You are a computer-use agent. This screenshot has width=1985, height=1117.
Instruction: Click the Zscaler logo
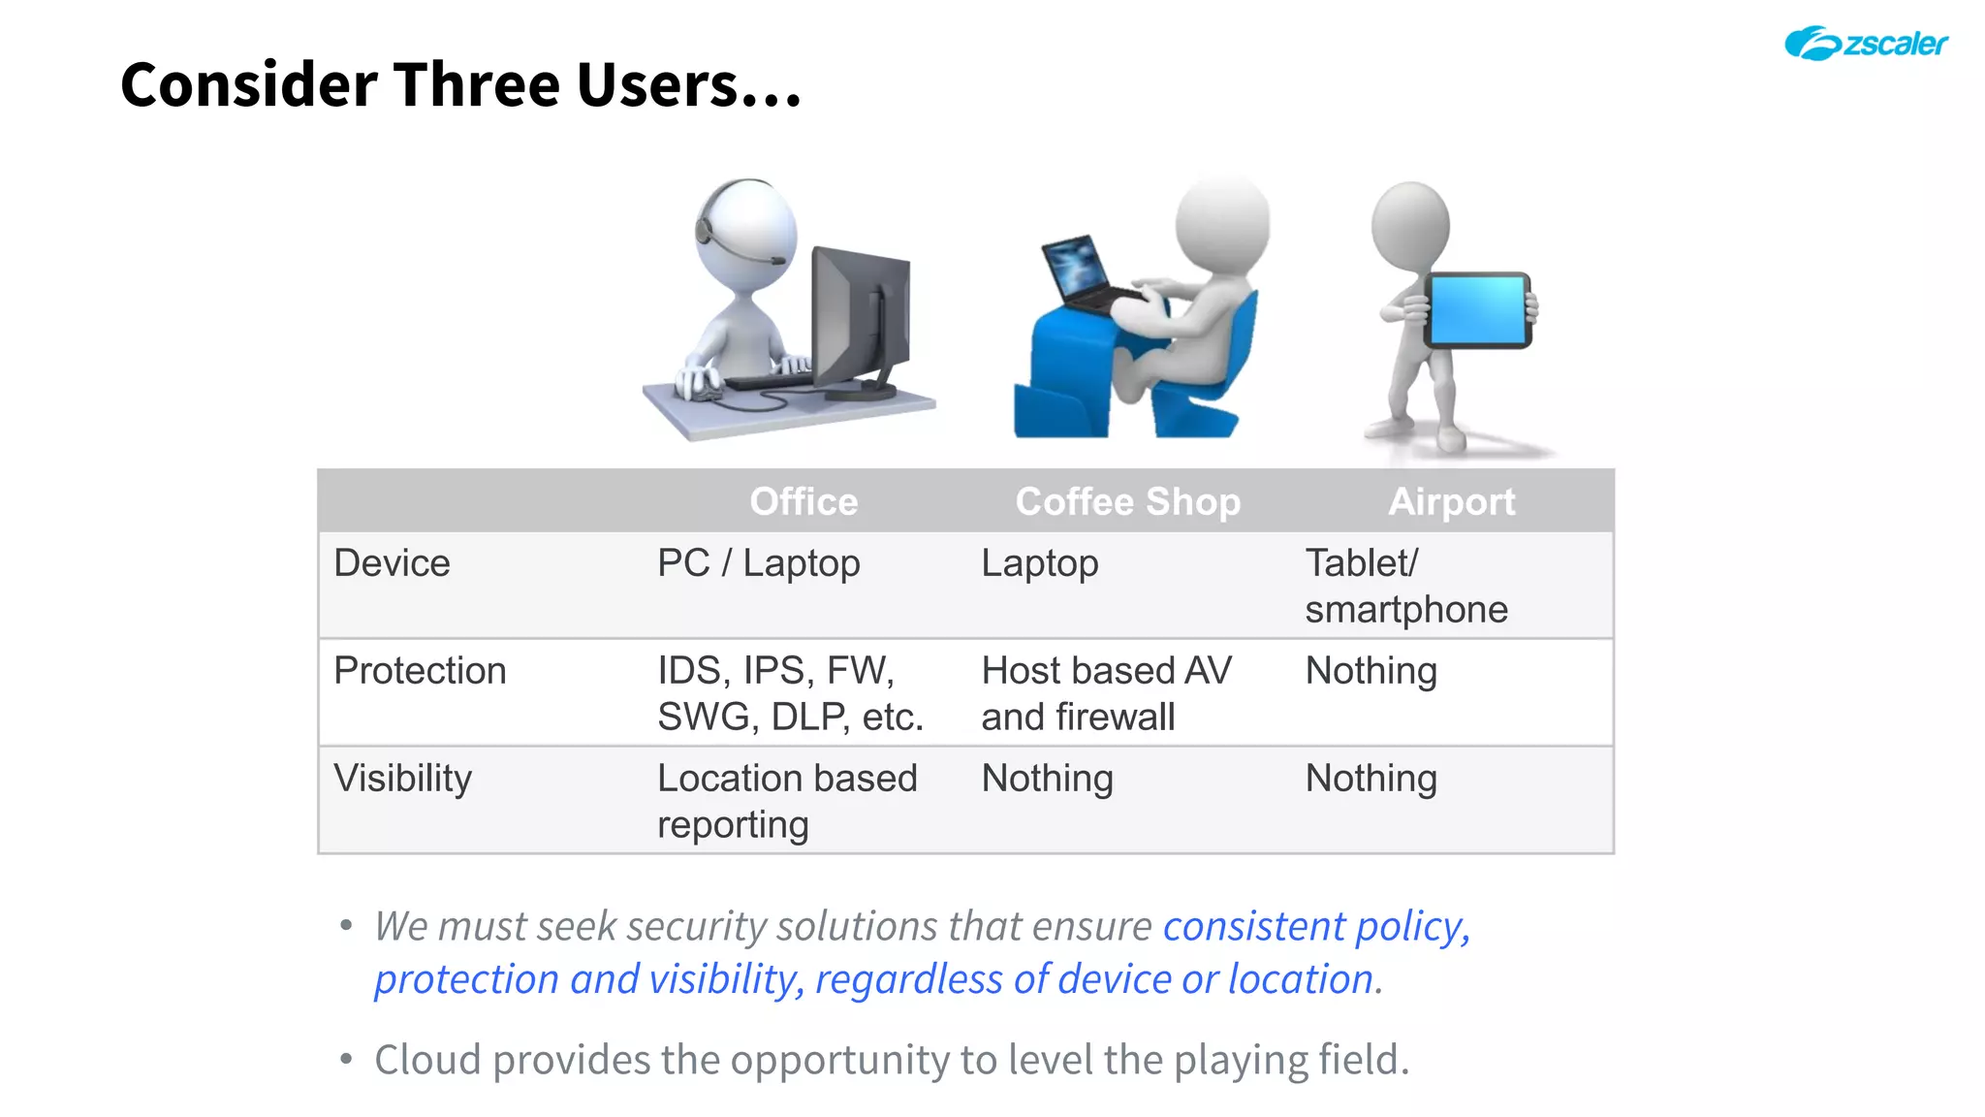click(1866, 44)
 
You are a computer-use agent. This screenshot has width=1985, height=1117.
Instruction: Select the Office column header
click(803, 501)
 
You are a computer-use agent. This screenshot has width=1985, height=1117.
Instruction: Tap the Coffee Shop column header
click(1127, 501)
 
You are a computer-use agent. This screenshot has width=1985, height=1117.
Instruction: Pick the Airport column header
click(1451, 501)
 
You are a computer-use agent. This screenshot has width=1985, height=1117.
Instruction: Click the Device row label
click(392, 563)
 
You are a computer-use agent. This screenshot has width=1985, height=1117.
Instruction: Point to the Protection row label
click(420, 671)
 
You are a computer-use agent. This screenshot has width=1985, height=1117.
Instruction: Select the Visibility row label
click(402, 779)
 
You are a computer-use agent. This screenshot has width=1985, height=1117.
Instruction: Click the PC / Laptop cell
click(758, 563)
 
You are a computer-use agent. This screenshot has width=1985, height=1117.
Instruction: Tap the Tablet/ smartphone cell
click(1405, 586)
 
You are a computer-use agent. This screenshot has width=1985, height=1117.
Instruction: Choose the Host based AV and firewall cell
click(1106, 693)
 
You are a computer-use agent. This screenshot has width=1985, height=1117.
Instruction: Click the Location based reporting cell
click(786, 801)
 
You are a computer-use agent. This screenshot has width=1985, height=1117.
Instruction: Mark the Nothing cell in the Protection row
click(1371, 671)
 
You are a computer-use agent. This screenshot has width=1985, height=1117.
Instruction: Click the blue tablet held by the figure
click(1477, 310)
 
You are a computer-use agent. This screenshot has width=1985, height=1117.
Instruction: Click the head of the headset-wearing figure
click(746, 228)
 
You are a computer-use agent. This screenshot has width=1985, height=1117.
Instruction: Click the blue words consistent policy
click(1315, 926)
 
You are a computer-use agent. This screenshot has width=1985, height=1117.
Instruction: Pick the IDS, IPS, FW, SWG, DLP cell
click(790, 693)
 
